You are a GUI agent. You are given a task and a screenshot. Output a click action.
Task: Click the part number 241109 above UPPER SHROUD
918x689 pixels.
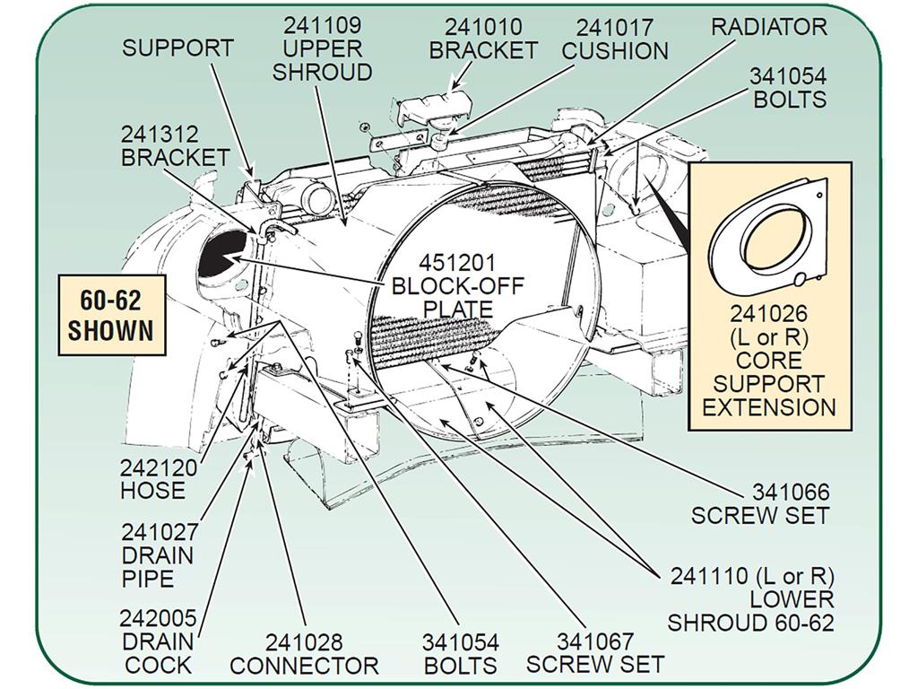pos(323,25)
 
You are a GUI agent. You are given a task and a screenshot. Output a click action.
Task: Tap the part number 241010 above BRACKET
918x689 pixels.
pos(483,27)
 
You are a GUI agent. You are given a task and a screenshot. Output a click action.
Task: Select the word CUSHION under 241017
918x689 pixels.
pos(615,51)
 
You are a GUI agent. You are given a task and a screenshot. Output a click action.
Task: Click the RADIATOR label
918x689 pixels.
pos(768,27)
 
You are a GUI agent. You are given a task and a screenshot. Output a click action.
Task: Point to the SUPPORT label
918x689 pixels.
pos(178,48)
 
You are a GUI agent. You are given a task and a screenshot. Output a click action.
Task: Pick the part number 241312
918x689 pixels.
pos(160,135)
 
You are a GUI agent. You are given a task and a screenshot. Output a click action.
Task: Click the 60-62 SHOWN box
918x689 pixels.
pos(111,315)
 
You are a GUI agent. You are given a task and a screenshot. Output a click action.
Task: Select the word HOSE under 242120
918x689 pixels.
pos(152,491)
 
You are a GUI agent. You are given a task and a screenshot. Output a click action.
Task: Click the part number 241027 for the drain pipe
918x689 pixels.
pos(160,533)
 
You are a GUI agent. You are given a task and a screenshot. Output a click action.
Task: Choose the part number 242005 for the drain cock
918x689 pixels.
pos(158,618)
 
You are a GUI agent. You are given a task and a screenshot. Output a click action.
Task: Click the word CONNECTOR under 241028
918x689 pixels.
pos(305,666)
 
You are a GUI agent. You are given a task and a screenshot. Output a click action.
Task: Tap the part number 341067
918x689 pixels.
pos(595,641)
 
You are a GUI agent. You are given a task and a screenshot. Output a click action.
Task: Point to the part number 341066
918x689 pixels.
pos(791,493)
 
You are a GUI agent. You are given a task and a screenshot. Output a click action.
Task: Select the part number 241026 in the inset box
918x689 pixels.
pos(768,314)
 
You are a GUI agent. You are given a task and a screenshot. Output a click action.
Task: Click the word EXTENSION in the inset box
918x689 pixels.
pos(768,406)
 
